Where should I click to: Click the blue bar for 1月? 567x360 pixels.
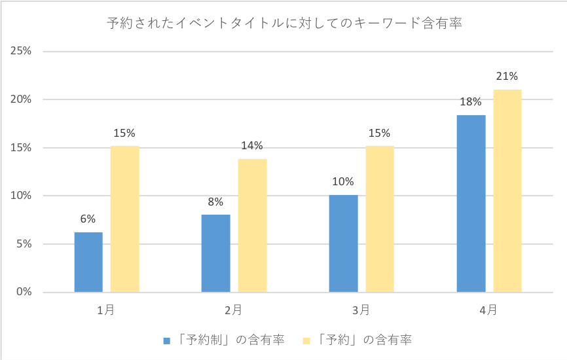pos(88,262)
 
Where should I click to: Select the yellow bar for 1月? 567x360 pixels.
pos(124,219)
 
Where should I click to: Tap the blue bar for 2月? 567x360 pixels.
pos(215,253)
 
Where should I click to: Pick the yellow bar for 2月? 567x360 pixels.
pos(252,225)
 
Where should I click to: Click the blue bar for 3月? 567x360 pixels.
pos(343,243)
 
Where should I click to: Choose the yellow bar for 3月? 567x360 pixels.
pos(380,219)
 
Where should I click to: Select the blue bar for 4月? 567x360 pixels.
pos(471,203)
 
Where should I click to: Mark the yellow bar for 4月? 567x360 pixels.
pos(507,190)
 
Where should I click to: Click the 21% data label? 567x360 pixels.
pos(507,77)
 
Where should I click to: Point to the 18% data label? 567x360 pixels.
pos(471,102)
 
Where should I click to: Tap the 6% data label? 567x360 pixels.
pos(88,219)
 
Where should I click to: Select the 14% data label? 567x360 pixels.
pos(252,145)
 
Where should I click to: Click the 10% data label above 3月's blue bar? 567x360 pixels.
pos(343,182)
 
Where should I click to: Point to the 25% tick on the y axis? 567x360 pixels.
pos(20,51)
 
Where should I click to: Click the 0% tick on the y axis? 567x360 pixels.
pos(22,292)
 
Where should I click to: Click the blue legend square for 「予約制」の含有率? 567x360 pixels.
pos(166,340)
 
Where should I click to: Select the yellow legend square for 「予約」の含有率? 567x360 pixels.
pos(306,340)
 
